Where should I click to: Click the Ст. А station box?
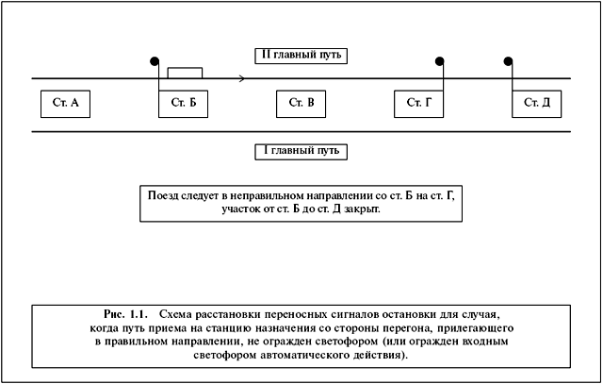pyautogui.click(x=65, y=104)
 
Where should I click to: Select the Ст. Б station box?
pyautogui.click(x=183, y=104)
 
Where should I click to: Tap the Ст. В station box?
pyautogui.click(x=301, y=104)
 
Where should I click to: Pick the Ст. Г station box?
pyautogui.click(x=418, y=104)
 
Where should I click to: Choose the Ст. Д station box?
pyautogui.click(x=536, y=104)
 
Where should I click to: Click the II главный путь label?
pyautogui.click(x=301, y=56)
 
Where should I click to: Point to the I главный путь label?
pyautogui.click(x=301, y=151)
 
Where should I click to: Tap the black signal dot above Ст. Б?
pyautogui.click(x=155, y=61)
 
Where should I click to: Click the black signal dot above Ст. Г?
pyautogui.click(x=440, y=61)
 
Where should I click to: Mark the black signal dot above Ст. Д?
pyautogui.click(x=508, y=61)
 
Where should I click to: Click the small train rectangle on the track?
pyautogui.click(x=185, y=73)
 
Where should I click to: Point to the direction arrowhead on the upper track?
pyautogui.click(x=242, y=78)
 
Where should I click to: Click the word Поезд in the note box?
pyautogui.click(x=163, y=195)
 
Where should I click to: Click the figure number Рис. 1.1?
pyautogui.click(x=125, y=314)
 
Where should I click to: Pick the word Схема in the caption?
pyautogui.click(x=175, y=314)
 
